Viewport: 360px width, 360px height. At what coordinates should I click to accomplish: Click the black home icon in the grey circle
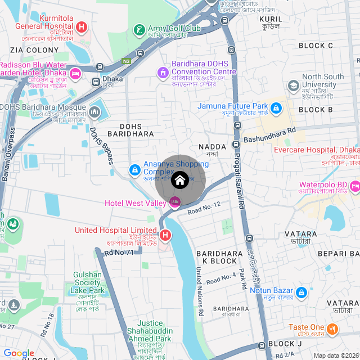(x=180, y=181)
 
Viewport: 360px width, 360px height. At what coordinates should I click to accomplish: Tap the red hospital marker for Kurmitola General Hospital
(x=82, y=26)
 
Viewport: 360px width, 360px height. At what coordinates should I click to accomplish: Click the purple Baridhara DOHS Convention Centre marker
(x=163, y=72)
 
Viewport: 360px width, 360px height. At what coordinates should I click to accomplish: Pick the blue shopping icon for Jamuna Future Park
(x=276, y=107)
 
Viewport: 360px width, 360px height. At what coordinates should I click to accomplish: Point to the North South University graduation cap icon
(x=293, y=85)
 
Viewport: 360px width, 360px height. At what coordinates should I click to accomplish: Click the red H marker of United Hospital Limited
(x=165, y=235)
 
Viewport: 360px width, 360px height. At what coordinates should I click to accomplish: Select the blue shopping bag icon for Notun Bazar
(x=301, y=292)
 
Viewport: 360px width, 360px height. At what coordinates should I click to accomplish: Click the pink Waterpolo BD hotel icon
(x=355, y=185)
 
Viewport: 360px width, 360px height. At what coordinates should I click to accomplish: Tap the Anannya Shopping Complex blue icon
(x=135, y=169)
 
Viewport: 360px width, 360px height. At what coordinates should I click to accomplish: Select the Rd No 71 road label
(x=119, y=253)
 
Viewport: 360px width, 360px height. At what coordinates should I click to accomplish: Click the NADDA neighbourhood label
(x=211, y=147)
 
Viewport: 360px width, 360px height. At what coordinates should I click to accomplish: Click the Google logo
(x=19, y=353)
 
